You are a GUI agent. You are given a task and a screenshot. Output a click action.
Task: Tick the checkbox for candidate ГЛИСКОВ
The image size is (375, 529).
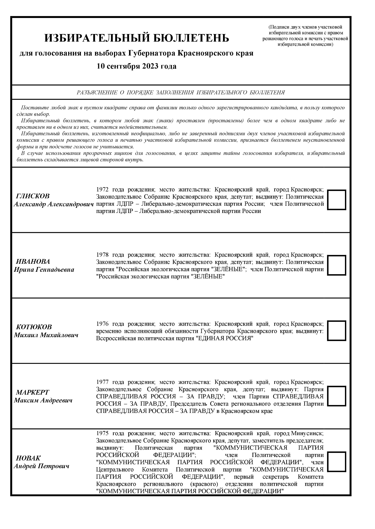pyautogui.click(x=336, y=200)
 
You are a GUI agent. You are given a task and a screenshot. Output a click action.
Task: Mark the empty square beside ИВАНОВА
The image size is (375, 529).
pyautogui.click(x=336, y=265)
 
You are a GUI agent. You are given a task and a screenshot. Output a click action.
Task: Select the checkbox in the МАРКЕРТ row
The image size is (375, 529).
pyautogui.click(x=336, y=396)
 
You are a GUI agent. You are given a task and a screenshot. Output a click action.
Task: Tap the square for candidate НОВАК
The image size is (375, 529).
pyautogui.click(x=336, y=461)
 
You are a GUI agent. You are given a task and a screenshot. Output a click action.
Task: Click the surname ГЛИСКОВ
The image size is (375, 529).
pyautogui.click(x=33, y=196)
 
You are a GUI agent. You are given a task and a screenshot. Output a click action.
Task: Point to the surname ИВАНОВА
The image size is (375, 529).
pyautogui.click(x=33, y=261)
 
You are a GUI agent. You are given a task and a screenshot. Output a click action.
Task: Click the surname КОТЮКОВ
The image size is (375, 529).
pyautogui.click(x=34, y=327)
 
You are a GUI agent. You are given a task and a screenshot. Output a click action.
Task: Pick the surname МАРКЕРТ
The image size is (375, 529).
pyautogui.click(x=33, y=392)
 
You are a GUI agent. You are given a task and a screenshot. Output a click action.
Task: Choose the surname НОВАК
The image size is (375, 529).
pyautogui.click(x=28, y=458)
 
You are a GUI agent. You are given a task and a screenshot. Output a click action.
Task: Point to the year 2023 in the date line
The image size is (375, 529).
pyautogui.click(x=150, y=66)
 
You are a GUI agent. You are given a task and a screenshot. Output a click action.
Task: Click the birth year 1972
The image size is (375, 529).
pyautogui.click(x=102, y=189)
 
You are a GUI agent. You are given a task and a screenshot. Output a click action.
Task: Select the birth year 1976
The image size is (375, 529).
pyautogui.click(x=102, y=324)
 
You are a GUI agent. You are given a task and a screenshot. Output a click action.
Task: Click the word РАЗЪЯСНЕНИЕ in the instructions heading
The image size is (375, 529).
pyautogui.click(x=97, y=93)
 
